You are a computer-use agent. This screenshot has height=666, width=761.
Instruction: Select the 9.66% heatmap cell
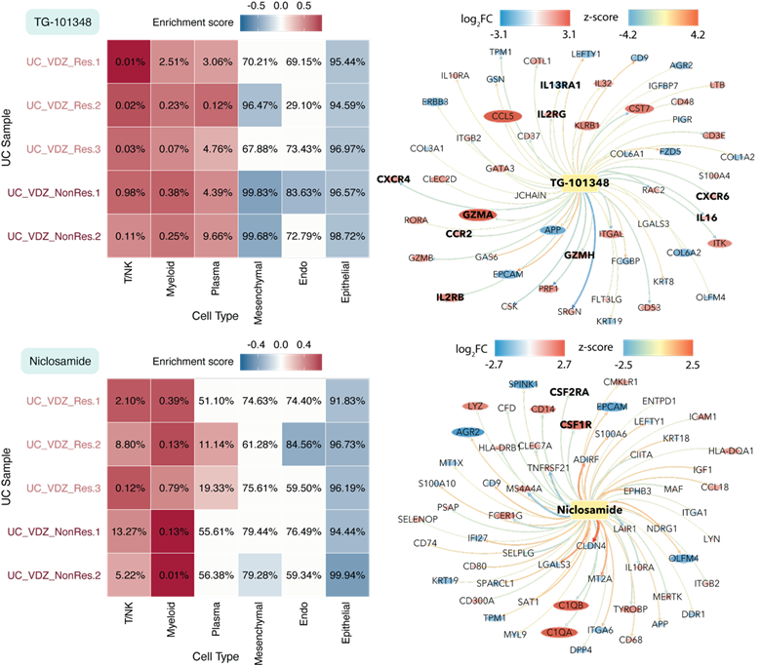click(x=217, y=235)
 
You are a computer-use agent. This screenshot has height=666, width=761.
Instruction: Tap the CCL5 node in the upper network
click(x=503, y=116)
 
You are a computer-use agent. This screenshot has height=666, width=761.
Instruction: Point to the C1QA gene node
click(x=559, y=633)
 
